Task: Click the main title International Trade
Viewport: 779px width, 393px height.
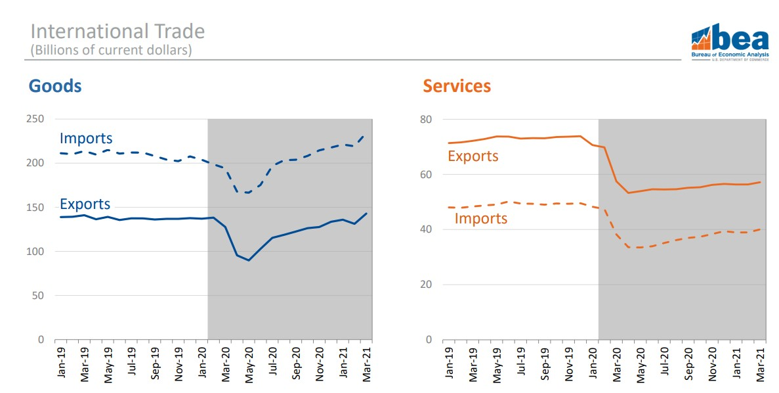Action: pos(117,32)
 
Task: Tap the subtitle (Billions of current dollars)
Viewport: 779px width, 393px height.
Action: pos(111,50)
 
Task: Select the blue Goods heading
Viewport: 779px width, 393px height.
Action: pos(55,86)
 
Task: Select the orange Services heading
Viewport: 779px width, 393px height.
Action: pos(457,86)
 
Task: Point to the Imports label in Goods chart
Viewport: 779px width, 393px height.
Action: pos(86,139)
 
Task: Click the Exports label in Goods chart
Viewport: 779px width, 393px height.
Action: pos(85,204)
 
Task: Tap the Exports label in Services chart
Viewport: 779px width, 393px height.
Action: pos(473,156)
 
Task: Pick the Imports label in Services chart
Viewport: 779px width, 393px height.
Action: pos(481,218)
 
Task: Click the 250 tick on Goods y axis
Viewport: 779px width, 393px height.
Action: pos(35,119)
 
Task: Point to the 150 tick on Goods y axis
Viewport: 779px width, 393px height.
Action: pos(35,208)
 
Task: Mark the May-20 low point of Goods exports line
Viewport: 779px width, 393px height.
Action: pos(249,260)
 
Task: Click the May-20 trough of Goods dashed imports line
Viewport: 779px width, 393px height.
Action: pos(248,193)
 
